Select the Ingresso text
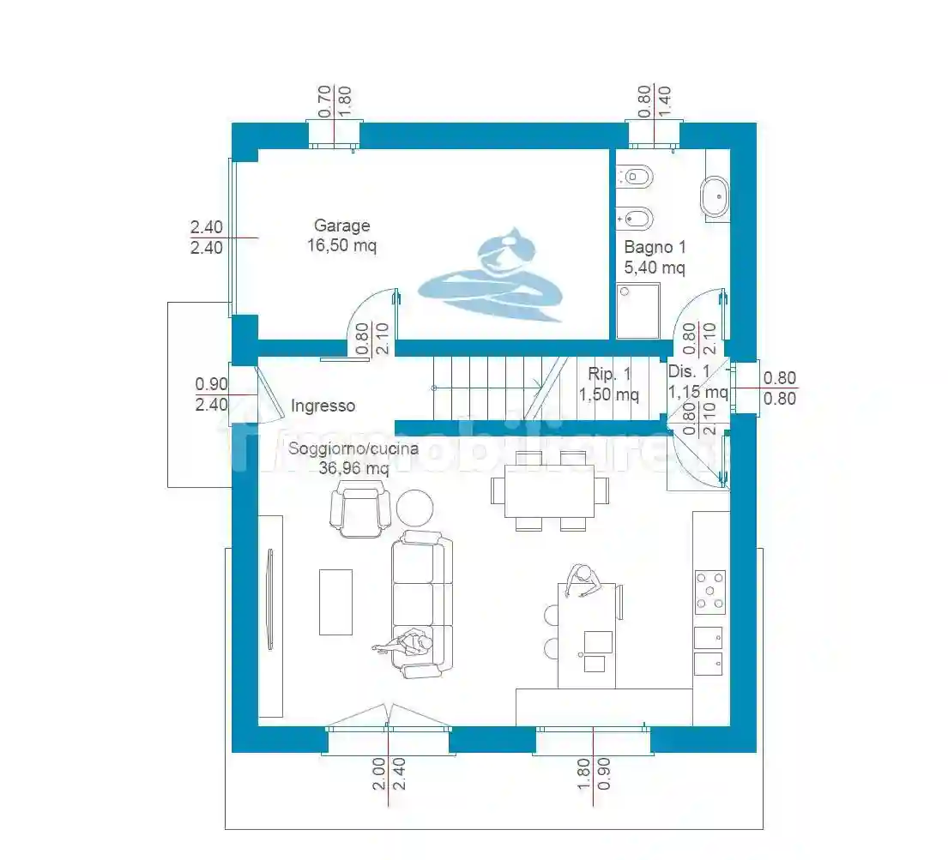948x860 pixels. [x=323, y=406]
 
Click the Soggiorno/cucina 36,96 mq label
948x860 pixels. [x=353, y=458]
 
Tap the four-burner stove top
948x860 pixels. [x=710, y=592]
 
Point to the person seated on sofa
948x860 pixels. [x=408, y=644]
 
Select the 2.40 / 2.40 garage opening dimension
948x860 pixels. [x=207, y=237]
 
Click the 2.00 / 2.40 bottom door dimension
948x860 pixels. [x=389, y=774]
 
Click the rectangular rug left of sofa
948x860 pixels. [x=335, y=602]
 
